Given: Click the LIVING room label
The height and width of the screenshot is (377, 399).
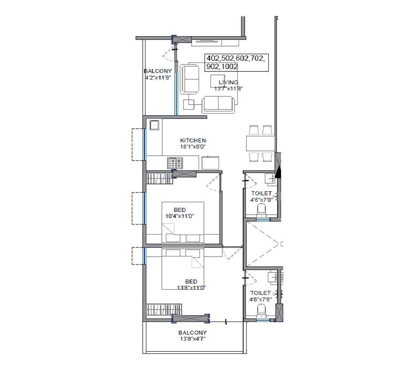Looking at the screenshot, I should click(x=228, y=82).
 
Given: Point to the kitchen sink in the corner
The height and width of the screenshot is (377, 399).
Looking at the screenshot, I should click(x=154, y=125).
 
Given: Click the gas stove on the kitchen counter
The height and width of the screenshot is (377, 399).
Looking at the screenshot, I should click(x=174, y=163).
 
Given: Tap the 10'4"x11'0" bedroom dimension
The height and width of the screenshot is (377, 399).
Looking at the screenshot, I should click(x=180, y=216).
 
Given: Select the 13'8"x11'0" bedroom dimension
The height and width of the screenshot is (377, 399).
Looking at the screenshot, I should click(x=191, y=287).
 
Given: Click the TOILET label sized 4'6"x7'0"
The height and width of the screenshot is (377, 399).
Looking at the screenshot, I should click(x=261, y=194).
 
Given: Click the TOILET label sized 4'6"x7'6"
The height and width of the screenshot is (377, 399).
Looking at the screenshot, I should click(x=260, y=293).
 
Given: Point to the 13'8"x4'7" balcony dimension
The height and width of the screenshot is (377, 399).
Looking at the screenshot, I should click(x=192, y=338).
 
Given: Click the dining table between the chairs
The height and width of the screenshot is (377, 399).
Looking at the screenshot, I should click(x=260, y=143).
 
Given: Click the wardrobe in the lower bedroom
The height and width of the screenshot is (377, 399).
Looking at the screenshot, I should click(x=164, y=309).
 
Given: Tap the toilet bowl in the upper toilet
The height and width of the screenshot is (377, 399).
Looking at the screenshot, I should click(x=262, y=209).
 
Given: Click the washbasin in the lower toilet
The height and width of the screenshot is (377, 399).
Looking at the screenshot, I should click(x=271, y=278).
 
